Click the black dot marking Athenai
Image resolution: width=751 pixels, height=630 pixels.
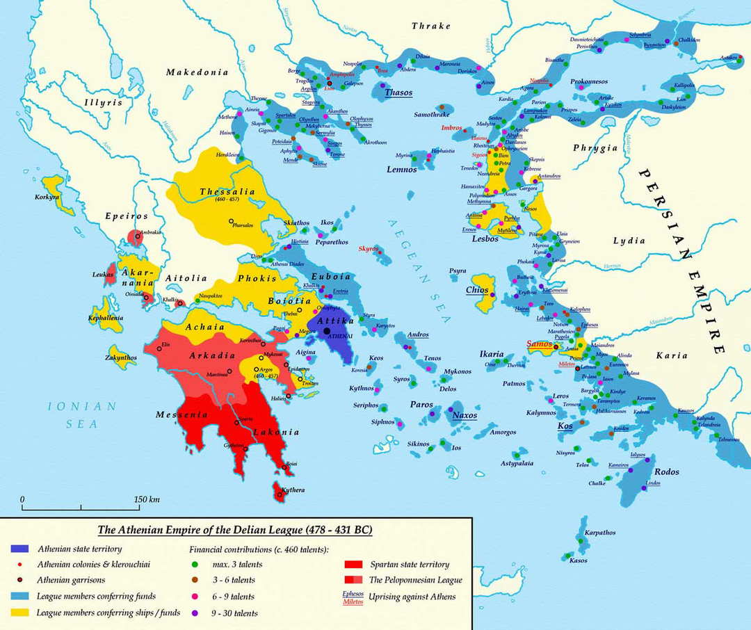tap(326, 330)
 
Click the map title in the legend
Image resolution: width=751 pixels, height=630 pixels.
tap(234, 530)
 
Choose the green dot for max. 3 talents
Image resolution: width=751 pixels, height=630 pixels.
tap(195, 564)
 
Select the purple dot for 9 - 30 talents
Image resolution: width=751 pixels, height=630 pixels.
tap(195, 613)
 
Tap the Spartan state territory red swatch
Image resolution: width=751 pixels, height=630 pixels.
tap(354, 565)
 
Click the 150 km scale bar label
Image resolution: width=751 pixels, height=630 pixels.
tap(148, 499)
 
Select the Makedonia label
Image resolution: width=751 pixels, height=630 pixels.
tap(197, 72)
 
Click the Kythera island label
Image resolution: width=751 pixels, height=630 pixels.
tap(293, 490)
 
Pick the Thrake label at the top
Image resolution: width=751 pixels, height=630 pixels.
tap(431, 26)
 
